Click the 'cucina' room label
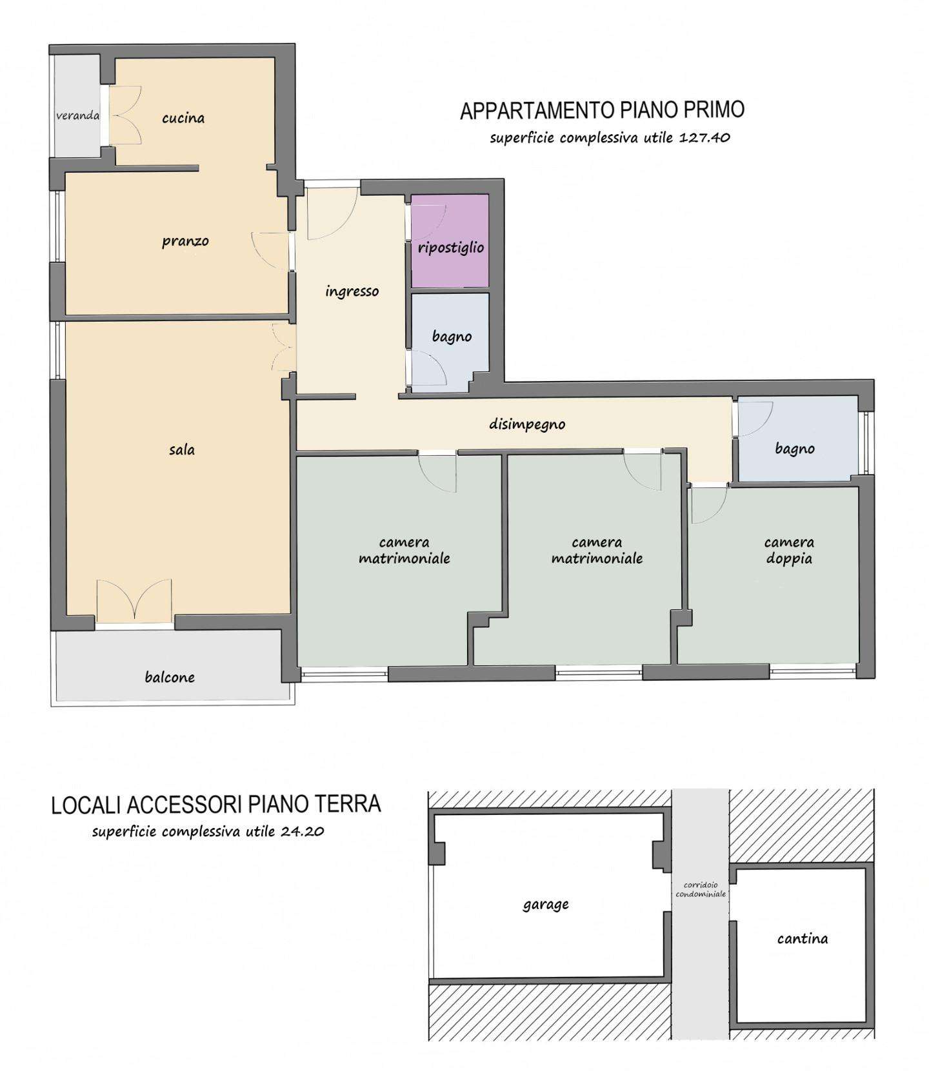pyautogui.click(x=183, y=118)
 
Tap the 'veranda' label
pyautogui.click(x=77, y=115)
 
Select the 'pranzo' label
pyautogui.click(x=185, y=242)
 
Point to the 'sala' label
pyautogui.click(x=182, y=449)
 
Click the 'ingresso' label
pyautogui.click(x=352, y=291)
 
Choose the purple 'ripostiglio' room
pyautogui.click(x=450, y=241)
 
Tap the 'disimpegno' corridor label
pyautogui.click(x=527, y=424)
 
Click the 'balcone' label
pyautogui.click(x=170, y=677)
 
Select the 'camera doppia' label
pyautogui.click(x=789, y=550)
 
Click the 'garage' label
pyautogui.click(x=545, y=905)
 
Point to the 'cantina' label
pyautogui.click(x=803, y=939)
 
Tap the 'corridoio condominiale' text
pyautogui.click(x=701, y=890)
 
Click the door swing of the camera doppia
pyautogui.click(x=709, y=506)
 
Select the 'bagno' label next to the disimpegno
pyautogui.click(x=795, y=448)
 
